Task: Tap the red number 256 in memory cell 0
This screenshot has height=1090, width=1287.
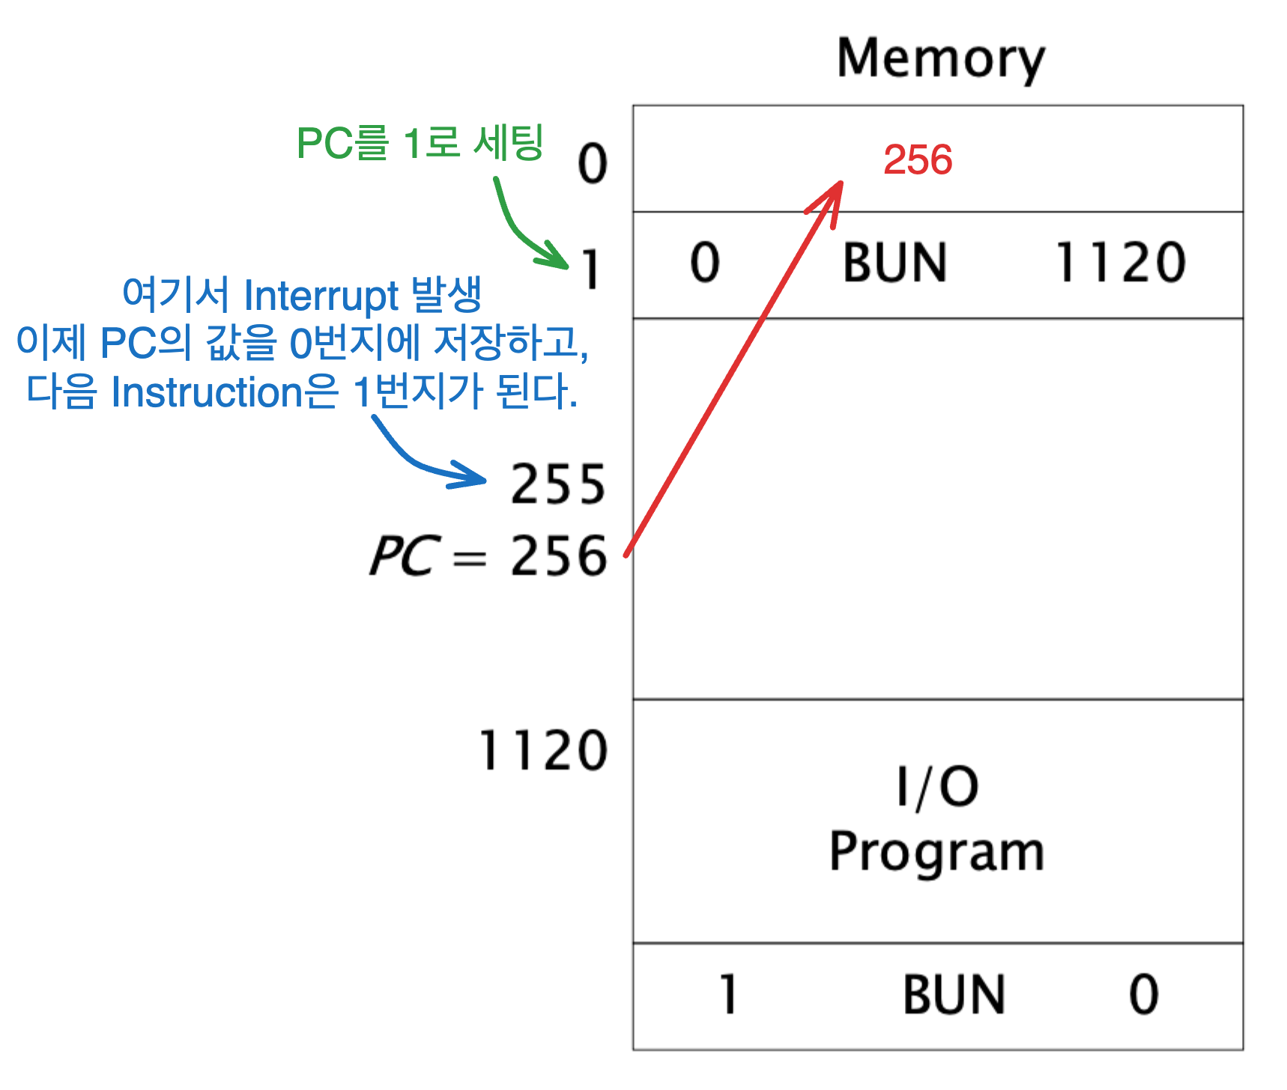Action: tap(918, 159)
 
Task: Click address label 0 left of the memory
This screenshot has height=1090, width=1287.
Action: tap(592, 164)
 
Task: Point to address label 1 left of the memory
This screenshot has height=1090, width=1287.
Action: tap(592, 270)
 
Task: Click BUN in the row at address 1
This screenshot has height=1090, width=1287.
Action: tap(894, 264)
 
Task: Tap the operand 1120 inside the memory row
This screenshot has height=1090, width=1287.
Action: tap(1121, 264)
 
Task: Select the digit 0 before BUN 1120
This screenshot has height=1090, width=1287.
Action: tap(705, 264)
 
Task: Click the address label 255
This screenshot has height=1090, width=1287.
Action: tap(558, 484)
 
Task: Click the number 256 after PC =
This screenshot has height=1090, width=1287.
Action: tap(559, 556)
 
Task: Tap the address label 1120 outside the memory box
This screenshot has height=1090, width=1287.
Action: tap(543, 751)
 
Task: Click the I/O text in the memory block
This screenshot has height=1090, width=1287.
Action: tap(937, 787)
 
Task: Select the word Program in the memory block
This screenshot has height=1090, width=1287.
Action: tap(936, 853)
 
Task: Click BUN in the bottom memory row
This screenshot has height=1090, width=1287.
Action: tap(954, 995)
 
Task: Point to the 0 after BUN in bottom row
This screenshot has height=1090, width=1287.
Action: tap(1144, 995)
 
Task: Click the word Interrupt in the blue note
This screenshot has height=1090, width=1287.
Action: tap(321, 296)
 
